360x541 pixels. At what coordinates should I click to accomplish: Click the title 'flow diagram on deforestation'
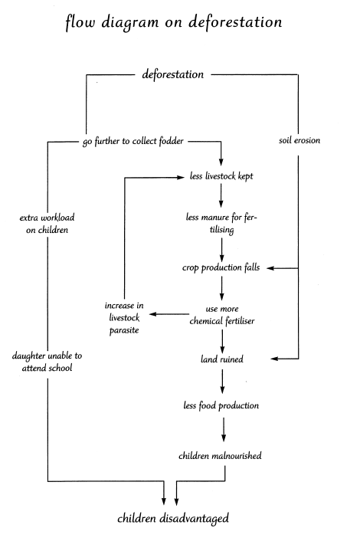click(173, 22)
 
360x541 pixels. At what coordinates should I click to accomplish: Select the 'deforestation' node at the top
click(173, 74)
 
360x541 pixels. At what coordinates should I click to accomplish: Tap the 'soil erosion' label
click(299, 140)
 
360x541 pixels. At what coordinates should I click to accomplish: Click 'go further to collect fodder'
click(133, 141)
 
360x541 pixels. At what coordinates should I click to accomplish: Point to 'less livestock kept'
click(221, 176)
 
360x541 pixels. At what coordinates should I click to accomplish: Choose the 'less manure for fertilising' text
click(221, 223)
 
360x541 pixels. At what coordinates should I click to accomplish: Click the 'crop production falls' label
click(221, 267)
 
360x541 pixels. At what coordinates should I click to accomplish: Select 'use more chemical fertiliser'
click(222, 315)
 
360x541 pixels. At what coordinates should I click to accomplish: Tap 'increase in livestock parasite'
click(124, 318)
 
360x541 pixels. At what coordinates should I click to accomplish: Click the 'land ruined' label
click(222, 359)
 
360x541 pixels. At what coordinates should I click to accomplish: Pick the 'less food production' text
click(221, 405)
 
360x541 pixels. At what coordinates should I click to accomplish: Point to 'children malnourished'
click(220, 456)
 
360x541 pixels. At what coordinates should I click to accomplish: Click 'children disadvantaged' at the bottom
click(173, 518)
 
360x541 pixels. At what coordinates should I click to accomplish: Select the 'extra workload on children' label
click(47, 224)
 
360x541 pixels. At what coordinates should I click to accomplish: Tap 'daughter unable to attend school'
click(47, 362)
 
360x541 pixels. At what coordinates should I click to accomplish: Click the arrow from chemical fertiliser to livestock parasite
click(169, 314)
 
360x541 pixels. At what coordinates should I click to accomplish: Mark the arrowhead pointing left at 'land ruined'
click(274, 359)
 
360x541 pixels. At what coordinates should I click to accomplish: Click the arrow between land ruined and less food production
click(222, 382)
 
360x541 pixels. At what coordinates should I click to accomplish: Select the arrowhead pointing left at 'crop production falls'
click(270, 268)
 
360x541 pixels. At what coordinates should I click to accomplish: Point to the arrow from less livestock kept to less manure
click(221, 195)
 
